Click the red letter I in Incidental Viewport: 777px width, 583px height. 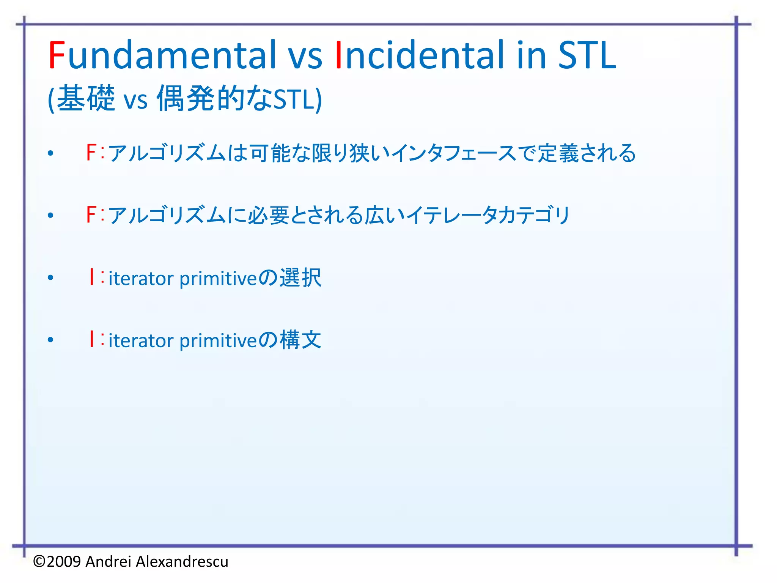coord(338,56)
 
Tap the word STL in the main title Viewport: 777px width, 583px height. coord(587,56)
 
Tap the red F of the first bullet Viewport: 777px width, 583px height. coord(91,153)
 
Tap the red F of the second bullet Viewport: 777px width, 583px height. coord(91,215)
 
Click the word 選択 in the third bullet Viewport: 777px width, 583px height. coord(300,277)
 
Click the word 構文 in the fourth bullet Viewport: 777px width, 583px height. coord(300,340)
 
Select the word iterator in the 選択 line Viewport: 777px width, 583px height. coord(141,279)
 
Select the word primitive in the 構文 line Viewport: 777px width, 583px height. coord(218,341)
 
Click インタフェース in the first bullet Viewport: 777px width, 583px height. coord(453,153)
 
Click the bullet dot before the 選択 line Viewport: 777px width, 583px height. coord(51,278)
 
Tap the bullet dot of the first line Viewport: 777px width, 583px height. coord(51,153)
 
